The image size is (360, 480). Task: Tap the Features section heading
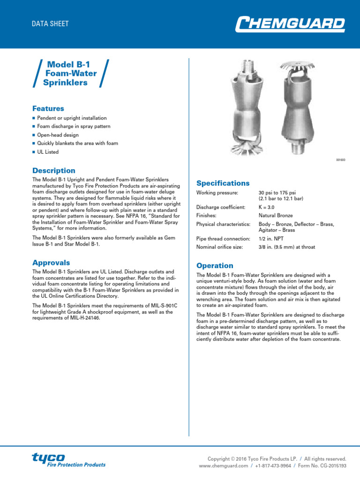click(x=48, y=108)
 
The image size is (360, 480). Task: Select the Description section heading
click(x=53, y=171)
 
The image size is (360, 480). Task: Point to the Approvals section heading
click(x=51, y=262)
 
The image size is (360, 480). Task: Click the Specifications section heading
click(x=223, y=183)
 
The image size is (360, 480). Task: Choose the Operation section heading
click(x=215, y=265)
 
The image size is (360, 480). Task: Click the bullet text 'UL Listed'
click(x=48, y=152)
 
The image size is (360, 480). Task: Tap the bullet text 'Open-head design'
click(x=58, y=135)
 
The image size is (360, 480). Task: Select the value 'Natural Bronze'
click(x=276, y=216)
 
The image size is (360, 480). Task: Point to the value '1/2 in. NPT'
click(x=271, y=239)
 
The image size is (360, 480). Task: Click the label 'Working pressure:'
click(x=217, y=193)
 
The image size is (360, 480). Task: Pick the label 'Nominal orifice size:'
click(x=220, y=247)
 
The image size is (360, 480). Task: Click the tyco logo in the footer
click(x=68, y=460)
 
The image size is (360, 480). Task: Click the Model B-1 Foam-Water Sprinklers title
click(x=70, y=74)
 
